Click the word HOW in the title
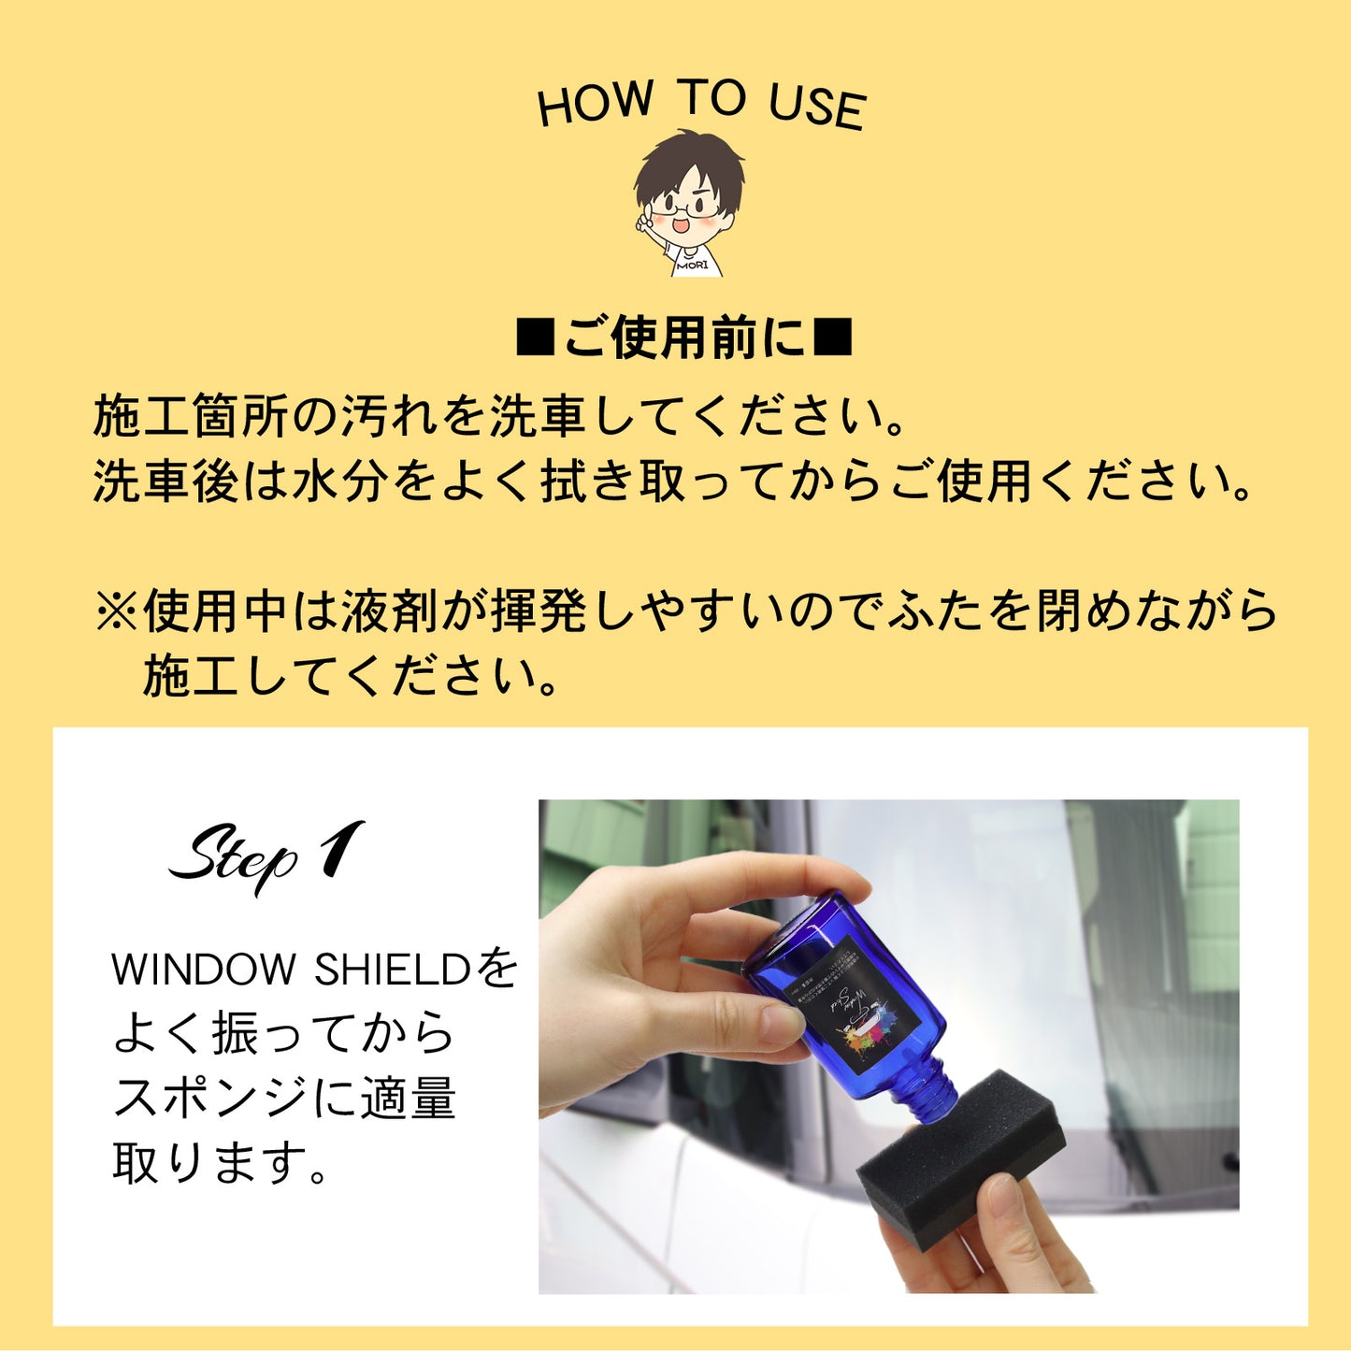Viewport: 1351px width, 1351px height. coord(595,102)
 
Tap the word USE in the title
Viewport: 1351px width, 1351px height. coord(817,105)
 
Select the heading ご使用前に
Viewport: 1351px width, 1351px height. coord(684,338)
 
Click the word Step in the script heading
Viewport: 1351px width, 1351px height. coord(234,856)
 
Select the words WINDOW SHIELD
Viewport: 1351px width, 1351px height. coord(291,970)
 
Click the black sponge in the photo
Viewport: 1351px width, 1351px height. coord(963,1155)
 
